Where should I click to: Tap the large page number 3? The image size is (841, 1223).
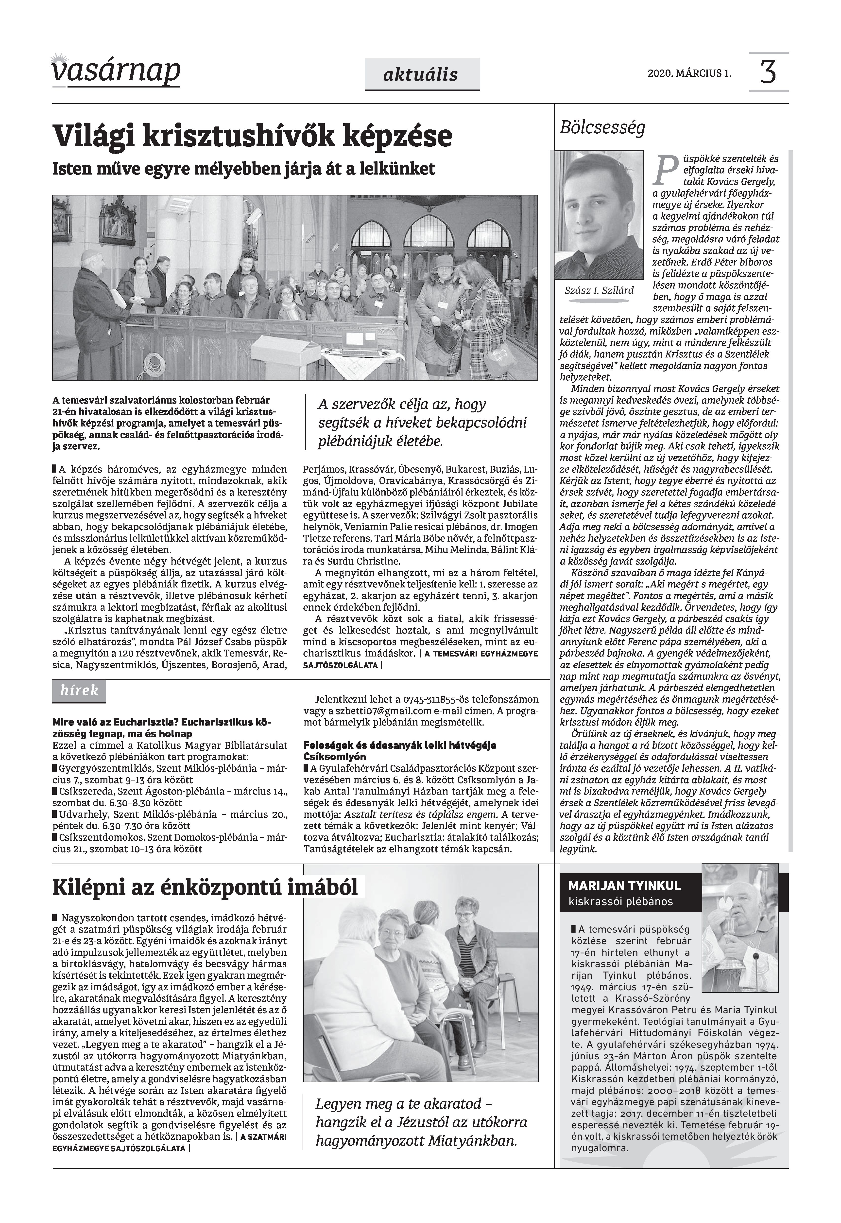pyautogui.click(x=768, y=72)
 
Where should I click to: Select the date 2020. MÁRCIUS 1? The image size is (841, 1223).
pyautogui.click(x=689, y=73)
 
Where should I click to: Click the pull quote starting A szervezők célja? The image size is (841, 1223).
pyautogui.click(x=422, y=423)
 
